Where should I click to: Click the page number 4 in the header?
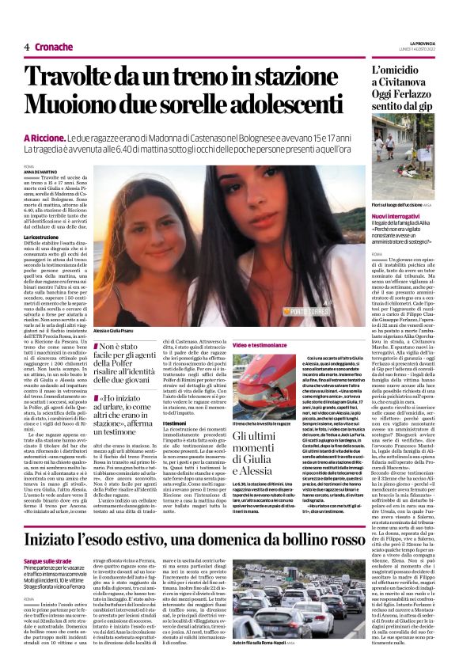26,47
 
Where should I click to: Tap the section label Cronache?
54,47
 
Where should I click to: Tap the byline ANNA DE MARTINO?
41,172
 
